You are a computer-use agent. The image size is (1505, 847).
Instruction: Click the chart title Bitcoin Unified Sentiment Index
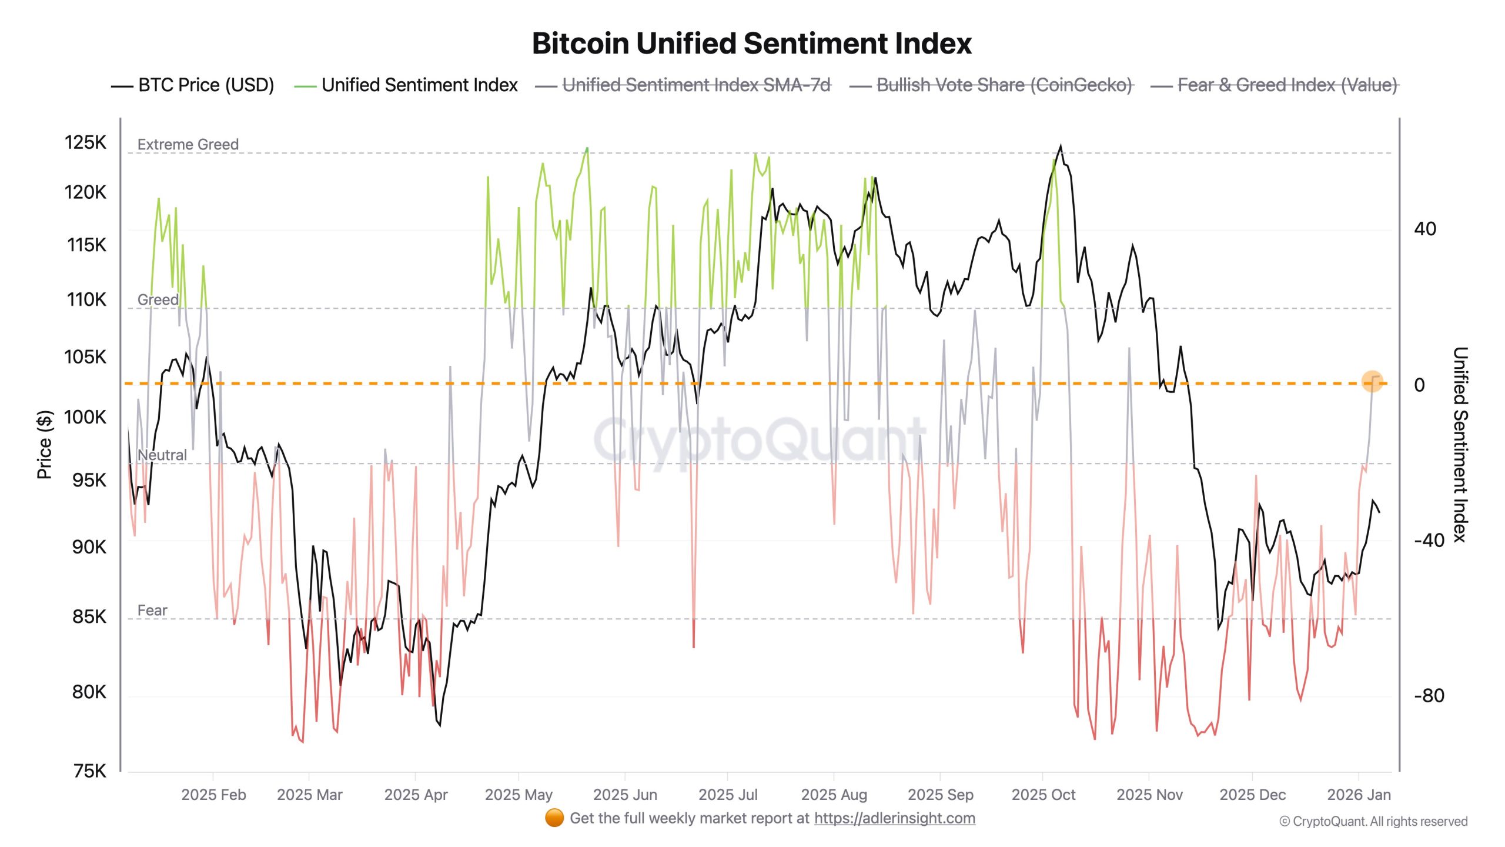point(751,44)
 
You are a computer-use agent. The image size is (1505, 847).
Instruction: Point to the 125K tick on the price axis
point(86,142)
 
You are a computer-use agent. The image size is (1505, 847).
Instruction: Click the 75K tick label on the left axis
point(90,771)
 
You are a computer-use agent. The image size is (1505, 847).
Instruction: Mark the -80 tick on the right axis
point(1429,696)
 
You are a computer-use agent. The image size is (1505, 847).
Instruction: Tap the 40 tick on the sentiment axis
point(1425,229)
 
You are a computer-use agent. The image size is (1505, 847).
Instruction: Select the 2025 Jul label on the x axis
point(728,795)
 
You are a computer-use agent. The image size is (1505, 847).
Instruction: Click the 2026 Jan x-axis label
point(1359,795)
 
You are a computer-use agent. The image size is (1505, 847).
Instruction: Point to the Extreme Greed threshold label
point(188,145)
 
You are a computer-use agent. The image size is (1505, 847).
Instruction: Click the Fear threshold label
point(152,611)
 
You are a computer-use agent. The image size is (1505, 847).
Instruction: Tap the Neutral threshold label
point(162,455)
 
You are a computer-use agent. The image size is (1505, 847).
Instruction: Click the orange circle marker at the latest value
point(1372,381)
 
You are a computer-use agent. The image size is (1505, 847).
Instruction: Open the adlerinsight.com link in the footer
point(894,818)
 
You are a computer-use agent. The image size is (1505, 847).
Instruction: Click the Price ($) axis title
point(45,445)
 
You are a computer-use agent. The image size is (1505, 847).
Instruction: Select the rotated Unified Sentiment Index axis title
point(1460,445)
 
